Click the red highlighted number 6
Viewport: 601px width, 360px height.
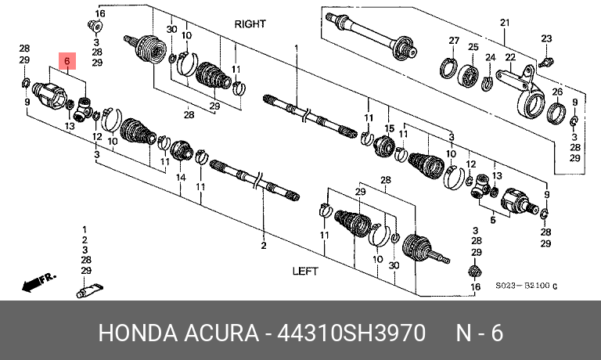pos(67,60)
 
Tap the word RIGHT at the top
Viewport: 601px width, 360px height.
pos(250,24)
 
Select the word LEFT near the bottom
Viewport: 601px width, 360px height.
pos(304,271)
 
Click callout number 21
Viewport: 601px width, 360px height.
pos(505,21)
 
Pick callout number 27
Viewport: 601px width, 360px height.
pos(453,40)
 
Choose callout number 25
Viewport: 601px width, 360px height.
pos(473,48)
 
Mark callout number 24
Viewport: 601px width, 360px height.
pos(490,57)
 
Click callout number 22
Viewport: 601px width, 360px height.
pos(510,57)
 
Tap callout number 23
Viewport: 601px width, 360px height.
pos(546,38)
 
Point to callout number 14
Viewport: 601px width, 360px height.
pos(180,178)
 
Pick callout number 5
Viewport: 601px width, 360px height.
pos(493,221)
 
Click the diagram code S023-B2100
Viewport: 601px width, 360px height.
pos(524,287)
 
